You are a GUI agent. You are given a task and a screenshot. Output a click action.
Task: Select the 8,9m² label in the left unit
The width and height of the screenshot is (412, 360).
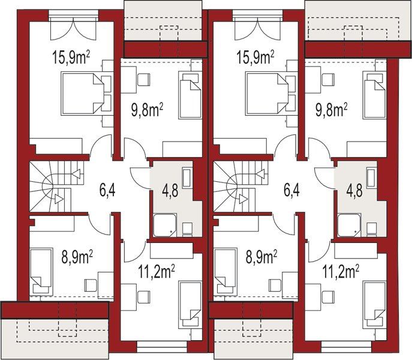point(77,257)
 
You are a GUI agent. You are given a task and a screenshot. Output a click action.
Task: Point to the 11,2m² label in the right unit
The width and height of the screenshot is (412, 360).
point(341,271)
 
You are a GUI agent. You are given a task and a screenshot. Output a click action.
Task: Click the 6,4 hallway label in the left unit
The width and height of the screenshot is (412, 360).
point(107,190)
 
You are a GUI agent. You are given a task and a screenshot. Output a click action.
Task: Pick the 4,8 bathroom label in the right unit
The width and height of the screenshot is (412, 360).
point(354,190)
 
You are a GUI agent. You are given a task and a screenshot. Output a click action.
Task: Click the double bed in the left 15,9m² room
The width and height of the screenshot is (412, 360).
point(83,94)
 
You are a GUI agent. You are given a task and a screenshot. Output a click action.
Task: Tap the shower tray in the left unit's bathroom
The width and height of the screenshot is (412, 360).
point(165,225)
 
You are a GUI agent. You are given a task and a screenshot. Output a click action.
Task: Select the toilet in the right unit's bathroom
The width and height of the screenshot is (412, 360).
point(372,229)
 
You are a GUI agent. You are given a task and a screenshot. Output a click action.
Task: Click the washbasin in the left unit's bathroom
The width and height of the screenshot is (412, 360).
point(187,178)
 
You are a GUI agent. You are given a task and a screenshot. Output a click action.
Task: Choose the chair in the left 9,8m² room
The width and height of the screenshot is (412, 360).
point(144,80)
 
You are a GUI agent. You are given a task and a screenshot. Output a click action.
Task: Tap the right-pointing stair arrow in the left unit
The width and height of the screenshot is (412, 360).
point(59,199)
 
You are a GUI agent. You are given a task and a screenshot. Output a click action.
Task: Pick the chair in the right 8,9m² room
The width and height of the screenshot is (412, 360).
point(275,286)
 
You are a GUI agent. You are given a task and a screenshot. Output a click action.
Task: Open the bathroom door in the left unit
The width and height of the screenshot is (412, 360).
point(140,178)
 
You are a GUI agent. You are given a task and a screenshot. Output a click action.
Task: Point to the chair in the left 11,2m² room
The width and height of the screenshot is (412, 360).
point(144,297)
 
